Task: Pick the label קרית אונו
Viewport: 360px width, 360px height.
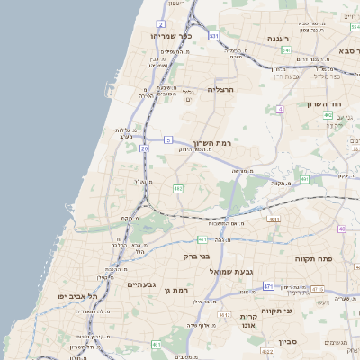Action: pyautogui.click(x=249, y=321)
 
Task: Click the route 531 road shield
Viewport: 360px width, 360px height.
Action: pyautogui.click(x=213, y=36)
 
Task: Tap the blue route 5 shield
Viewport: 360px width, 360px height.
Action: pyautogui.click(x=167, y=139)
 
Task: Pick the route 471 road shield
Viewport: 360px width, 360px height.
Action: pyautogui.click(x=268, y=286)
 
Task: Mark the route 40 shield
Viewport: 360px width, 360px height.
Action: pyautogui.click(x=342, y=229)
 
